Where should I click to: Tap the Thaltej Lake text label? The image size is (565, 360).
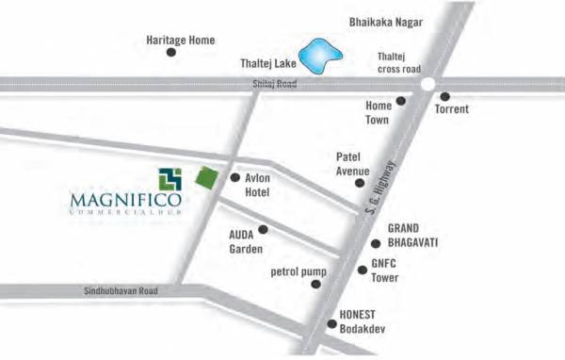click(x=266, y=64)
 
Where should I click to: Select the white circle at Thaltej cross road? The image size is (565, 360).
click(x=428, y=84)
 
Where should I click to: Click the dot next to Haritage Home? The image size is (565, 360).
click(x=171, y=53)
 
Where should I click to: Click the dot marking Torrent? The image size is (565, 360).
click(x=444, y=96)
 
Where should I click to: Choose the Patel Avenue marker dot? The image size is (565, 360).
click(x=360, y=183)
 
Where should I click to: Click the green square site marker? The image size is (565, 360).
click(x=204, y=175)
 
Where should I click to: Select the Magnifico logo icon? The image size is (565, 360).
click(x=169, y=178)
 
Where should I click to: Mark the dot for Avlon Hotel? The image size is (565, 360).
click(x=234, y=177)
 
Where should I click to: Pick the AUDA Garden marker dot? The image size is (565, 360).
click(x=263, y=229)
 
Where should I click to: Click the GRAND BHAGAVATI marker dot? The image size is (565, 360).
click(x=375, y=243)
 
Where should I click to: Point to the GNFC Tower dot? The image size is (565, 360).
click(x=362, y=270)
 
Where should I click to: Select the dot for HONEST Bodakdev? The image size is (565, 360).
click(x=331, y=324)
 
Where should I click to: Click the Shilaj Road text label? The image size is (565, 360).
click(x=275, y=84)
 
